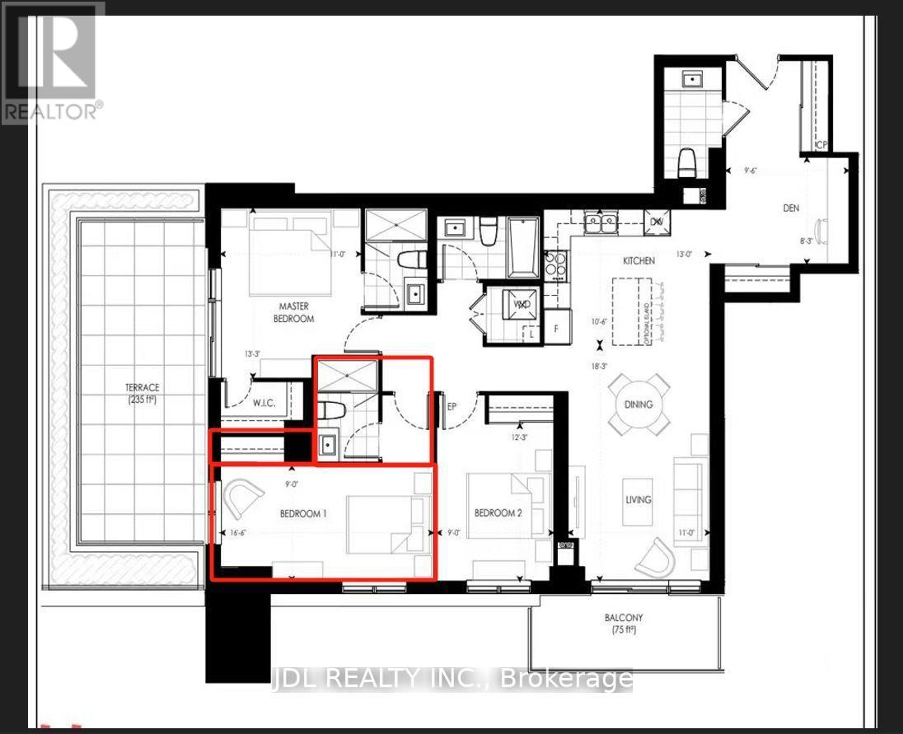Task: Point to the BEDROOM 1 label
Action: [x=303, y=513]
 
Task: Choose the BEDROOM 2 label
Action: [x=498, y=513]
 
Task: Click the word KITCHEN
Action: [x=639, y=260]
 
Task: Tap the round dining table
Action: [x=639, y=404]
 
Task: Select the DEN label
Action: [x=793, y=209]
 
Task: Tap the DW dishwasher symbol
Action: [x=657, y=222]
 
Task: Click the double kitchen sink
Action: [x=601, y=221]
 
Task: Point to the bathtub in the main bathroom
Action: [x=523, y=248]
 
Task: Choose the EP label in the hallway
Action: [x=451, y=405]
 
